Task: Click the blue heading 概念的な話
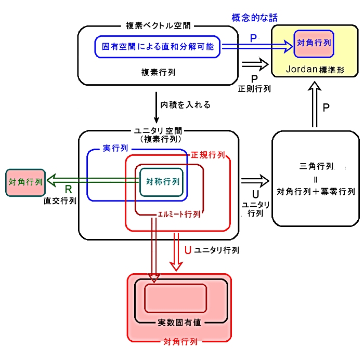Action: click(254, 18)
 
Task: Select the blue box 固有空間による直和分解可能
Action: click(158, 47)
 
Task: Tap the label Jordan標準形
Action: click(315, 70)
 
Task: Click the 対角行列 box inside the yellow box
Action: click(314, 44)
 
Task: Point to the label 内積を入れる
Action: click(185, 105)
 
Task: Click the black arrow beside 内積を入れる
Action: click(156, 108)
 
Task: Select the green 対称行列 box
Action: click(161, 182)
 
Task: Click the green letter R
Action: click(68, 190)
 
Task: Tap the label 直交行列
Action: click(60, 201)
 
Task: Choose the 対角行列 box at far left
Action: click(25, 183)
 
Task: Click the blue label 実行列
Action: click(115, 148)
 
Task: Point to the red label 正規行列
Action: click(208, 155)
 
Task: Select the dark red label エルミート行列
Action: click(179, 214)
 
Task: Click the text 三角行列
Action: click(316, 166)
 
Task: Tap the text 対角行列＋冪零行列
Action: click(316, 192)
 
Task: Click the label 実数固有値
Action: click(179, 323)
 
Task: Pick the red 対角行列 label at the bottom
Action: click(180, 342)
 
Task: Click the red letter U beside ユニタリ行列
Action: click(188, 250)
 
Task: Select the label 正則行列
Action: click(254, 89)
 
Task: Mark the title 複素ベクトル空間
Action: click(158, 25)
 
